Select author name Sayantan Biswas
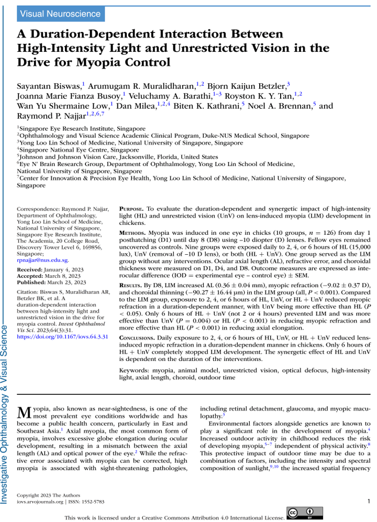tap(50, 85)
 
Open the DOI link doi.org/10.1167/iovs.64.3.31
tap(62, 337)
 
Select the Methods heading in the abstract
tap(133, 231)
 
